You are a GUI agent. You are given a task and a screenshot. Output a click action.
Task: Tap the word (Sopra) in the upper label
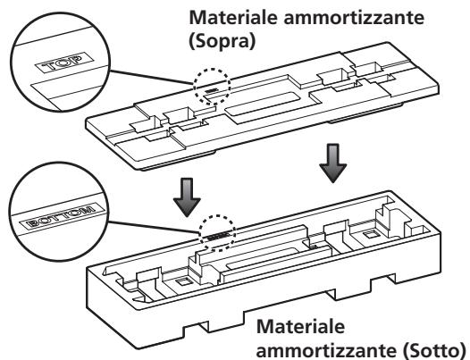(x=222, y=41)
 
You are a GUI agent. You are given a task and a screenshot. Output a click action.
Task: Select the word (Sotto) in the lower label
(x=433, y=350)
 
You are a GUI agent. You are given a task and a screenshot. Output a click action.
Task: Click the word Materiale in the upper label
(x=233, y=17)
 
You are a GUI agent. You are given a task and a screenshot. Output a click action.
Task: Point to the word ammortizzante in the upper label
(x=354, y=18)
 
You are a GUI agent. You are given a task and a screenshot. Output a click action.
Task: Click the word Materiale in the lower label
(x=300, y=326)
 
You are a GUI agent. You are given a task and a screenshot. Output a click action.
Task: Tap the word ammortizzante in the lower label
(x=326, y=350)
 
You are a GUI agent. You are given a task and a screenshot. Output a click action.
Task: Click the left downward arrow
(x=187, y=197)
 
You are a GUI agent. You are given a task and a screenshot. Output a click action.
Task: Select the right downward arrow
(x=332, y=163)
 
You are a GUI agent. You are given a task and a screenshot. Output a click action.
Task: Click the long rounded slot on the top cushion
(x=263, y=107)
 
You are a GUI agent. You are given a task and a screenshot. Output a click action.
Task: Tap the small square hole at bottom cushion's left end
(x=182, y=281)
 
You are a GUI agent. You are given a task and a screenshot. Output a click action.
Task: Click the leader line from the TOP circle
(x=151, y=77)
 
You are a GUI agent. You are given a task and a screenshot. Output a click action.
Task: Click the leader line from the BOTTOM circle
(x=154, y=227)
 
